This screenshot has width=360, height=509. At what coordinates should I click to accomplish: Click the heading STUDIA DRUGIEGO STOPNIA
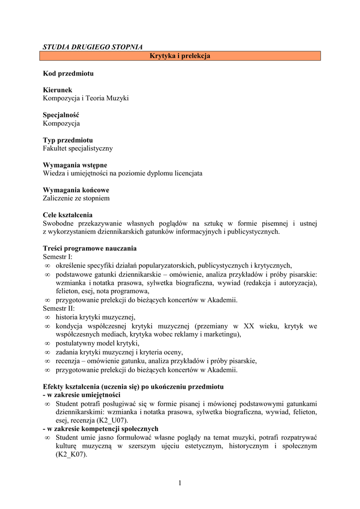(x=92, y=47)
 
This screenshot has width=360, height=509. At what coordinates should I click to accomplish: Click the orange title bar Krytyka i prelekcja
(x=180, y=56)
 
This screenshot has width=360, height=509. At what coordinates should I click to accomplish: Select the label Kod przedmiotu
(x=68, y=74)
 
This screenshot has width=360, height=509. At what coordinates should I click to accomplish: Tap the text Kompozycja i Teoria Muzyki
(x=86, y=98)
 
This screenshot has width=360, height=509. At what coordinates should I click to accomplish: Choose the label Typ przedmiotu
(x=68, y=140)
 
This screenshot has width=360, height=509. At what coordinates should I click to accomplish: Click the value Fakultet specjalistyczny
(x=78, y=148)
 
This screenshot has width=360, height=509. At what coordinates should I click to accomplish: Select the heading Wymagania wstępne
(x=75, y=165)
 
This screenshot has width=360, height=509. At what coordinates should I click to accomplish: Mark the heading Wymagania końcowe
(x=76, y=190)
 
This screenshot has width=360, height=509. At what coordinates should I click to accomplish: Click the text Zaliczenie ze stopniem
(x=76, y=198)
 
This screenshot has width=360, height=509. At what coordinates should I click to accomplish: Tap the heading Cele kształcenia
(x=68, y=215)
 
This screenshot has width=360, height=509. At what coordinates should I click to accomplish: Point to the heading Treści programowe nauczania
(x=90, y=249)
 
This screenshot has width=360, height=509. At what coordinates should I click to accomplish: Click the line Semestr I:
(x=58, y=257)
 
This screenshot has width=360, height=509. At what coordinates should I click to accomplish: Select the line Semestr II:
(x=59, y=308)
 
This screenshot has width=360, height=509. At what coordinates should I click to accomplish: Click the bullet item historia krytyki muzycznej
(x=95, y=317)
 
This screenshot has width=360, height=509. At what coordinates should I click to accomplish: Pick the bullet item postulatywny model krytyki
(x=97, y=343)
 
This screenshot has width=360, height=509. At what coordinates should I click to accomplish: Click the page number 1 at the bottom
(x=180, y=484)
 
